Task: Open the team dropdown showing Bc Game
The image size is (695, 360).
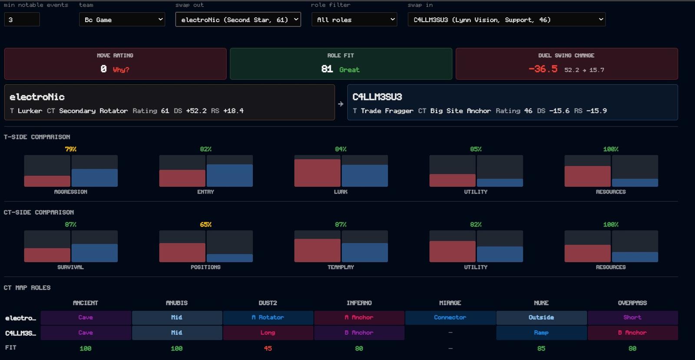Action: (122, 20)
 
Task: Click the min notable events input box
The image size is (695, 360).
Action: (22, 20)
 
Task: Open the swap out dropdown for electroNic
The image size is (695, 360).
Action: (238, 20)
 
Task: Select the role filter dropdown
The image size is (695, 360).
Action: (354, 20)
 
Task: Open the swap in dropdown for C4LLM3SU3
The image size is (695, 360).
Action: (506, 20)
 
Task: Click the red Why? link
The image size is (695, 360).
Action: (121, 70)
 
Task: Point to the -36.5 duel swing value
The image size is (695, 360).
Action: (543, 69)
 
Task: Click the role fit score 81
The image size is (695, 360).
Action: (327, 69)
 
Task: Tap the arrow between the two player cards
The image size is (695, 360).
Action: (341, 104)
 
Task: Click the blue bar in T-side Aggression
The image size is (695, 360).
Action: (95, 178)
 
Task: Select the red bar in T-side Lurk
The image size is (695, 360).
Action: (318, 173)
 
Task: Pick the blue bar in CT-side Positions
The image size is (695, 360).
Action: (230, 258)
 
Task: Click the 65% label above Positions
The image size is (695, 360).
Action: (206, 225)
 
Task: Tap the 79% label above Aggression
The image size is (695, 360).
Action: (71, 149)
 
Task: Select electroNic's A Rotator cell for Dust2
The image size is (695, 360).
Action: (268, 317)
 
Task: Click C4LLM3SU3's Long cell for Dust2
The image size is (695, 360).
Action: (268, 333)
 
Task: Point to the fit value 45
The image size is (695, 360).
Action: (268, 349)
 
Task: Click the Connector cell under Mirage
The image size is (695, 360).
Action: (450, 317)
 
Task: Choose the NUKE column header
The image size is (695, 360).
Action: (541, 303)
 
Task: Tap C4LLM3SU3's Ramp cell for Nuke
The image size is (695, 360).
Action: (541, 333)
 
